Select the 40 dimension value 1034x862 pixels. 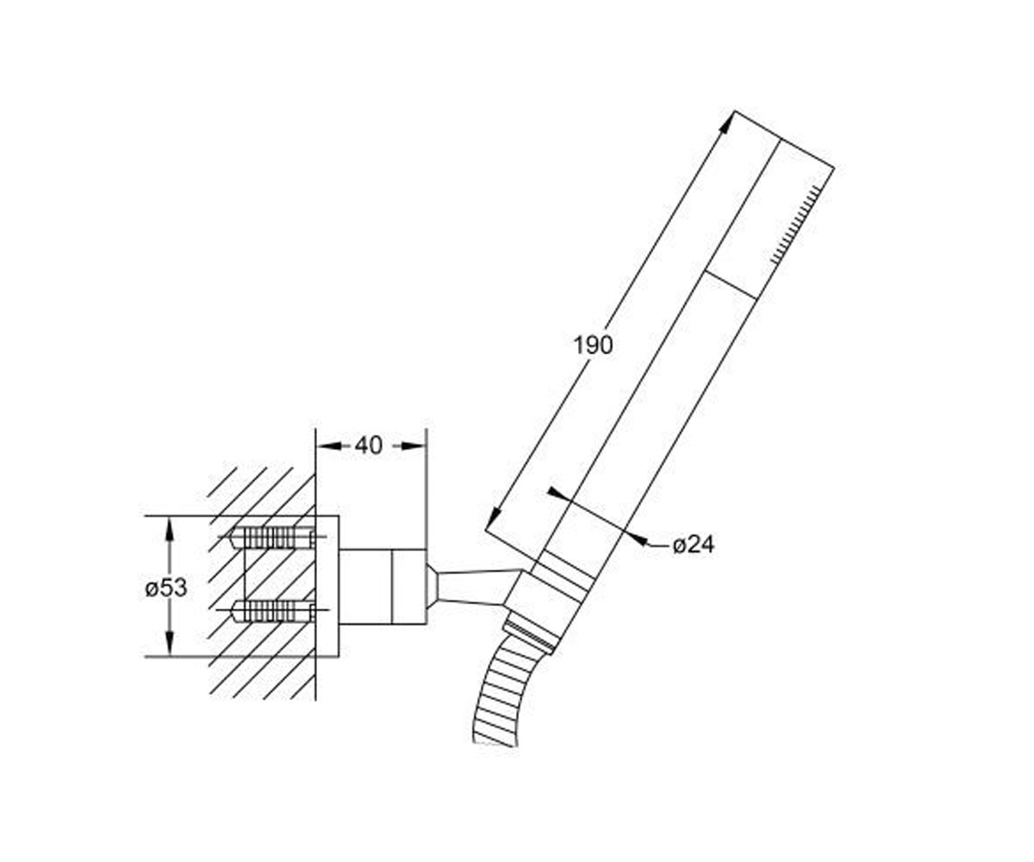coord(369,446)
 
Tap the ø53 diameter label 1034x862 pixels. coord(166,588)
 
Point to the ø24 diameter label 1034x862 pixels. coord(694,545)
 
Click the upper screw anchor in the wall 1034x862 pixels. coord(272,538)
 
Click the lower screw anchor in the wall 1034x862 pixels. coord(272,610)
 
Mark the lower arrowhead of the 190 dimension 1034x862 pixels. coord(493,519)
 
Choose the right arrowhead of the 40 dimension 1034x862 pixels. coord(414,446)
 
